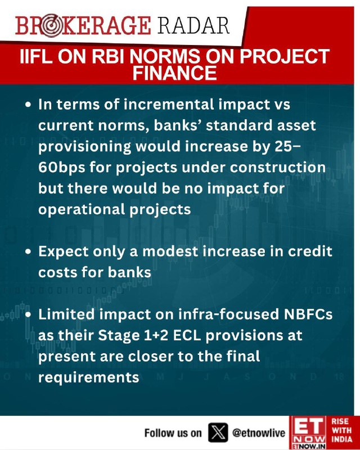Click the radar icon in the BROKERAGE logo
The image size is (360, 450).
click(x=51, y=26)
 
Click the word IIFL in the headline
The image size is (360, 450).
click(x=36, y=56)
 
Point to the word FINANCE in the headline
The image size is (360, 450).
click(x=174, y=73)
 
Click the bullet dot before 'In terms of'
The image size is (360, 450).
click(x=28, y=105)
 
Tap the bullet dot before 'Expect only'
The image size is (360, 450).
click(x=28, y=251)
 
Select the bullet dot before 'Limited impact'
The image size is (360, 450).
click(x=28, y=314)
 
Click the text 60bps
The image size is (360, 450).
click(x=62, y=167)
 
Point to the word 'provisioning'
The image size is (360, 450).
click(x=84, y=147)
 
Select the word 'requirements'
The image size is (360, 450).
click(x=89, y=377)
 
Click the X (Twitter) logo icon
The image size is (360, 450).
click(x=218, y=433)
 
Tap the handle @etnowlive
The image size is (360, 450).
click(x=259, y=433)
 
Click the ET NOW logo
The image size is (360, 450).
click(x=308, y=433)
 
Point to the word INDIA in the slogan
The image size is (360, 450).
click(x=341, y=439)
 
